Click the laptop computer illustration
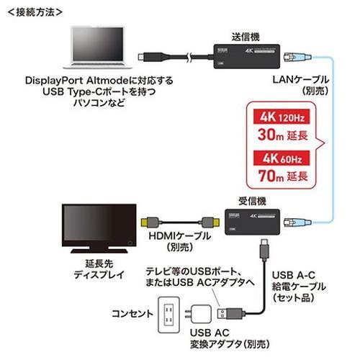pos(98,48)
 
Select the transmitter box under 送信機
pos(247,56)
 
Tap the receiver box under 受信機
pos(252,222)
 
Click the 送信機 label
pos(246,37)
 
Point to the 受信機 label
pos(252,201)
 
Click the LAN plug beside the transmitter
pos(297,58)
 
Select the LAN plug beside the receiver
pos(297,222)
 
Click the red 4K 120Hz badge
pos(282,117)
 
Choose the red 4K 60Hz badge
pos(282,158)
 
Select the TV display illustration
pos(99,228)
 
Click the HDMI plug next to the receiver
pos(210,222)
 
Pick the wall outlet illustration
pos(168,315)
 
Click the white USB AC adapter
pos(199,314)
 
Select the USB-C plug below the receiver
pos(264,250)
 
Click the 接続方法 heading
pos(35,12)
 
